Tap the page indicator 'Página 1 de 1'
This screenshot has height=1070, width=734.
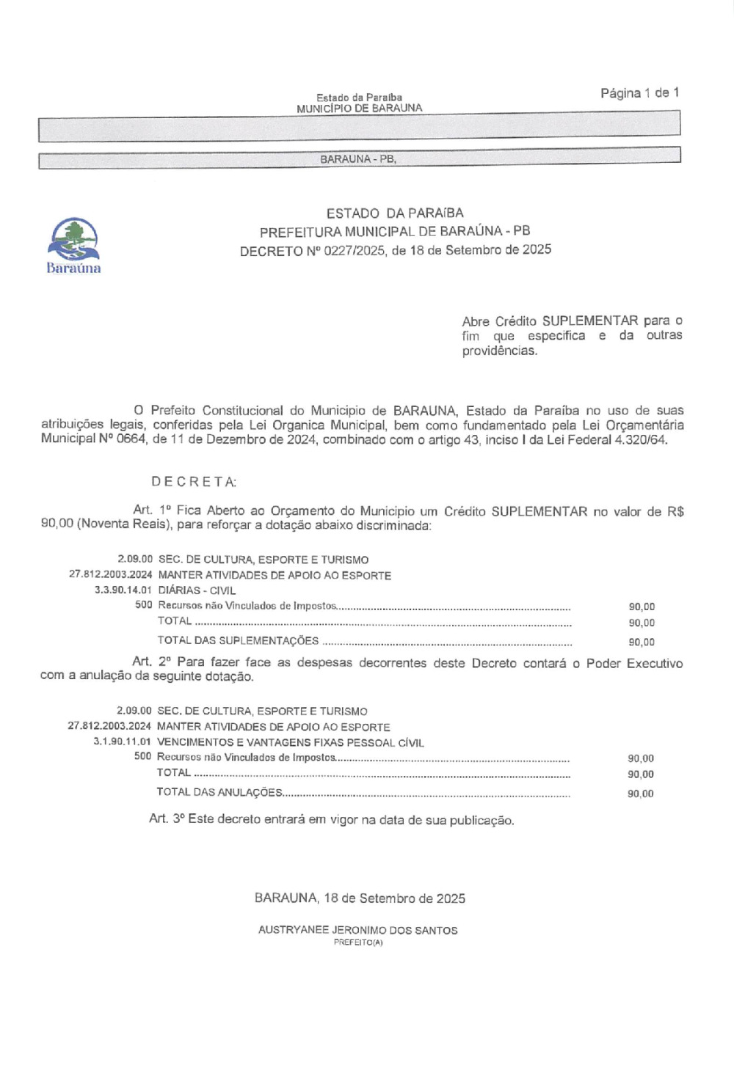[639, 93]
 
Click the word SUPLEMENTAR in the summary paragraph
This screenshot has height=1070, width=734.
[590, 321]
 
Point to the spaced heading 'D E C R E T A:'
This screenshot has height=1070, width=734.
[194, 482]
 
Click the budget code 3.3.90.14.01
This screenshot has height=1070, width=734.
[123, 590]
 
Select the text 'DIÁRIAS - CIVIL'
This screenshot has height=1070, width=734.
[197, 590]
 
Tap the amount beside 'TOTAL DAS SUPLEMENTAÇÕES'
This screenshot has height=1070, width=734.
[642, 642]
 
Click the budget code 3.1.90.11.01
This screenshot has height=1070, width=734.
[123, 742]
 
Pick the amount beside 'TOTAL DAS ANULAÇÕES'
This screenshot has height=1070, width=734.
[640, 794]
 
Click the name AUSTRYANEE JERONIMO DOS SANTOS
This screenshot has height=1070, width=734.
[357, 931]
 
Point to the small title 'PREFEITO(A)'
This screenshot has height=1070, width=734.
[358, 943]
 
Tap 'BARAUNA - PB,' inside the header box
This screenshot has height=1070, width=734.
[358, 159]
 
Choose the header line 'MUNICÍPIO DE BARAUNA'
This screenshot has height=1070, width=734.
[359, 109]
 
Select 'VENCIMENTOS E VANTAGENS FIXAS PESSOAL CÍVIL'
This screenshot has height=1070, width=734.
[291, 742]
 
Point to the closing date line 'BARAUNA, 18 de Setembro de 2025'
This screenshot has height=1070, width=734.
[360, 898]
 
